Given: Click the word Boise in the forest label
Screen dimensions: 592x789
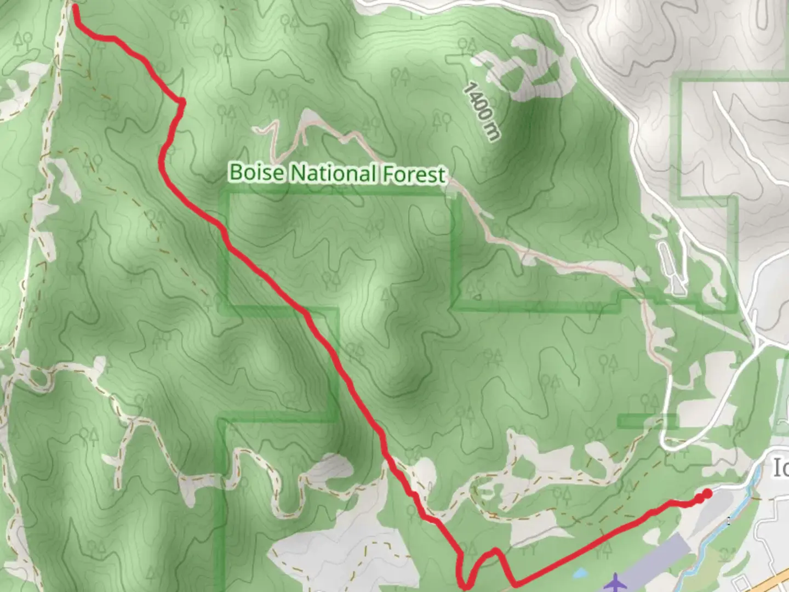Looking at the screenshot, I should [x=256, y=172].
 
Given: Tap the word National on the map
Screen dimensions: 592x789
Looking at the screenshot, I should [x=333, y=173].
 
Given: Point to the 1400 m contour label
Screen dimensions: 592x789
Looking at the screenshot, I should [x=482, y=112].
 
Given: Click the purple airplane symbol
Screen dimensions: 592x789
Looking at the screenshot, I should [x=616, y=582].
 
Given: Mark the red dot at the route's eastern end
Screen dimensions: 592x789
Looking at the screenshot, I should [x=707, y=494].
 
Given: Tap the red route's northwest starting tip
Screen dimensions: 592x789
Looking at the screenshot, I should [x=75, y=8].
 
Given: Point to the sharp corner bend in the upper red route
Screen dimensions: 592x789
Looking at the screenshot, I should [x=181, y=102].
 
